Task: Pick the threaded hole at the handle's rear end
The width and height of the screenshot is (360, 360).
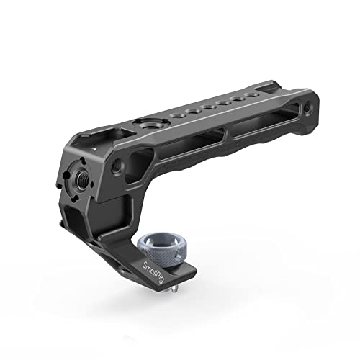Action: (x=308, y=105)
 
